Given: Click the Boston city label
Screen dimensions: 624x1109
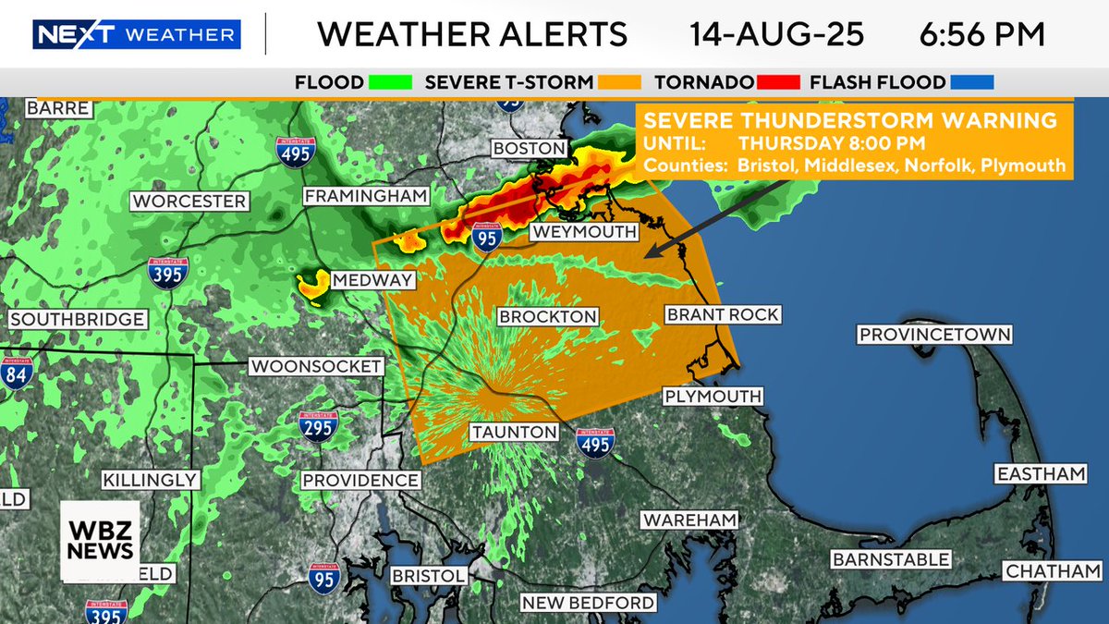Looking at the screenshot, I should (x=529, y=148).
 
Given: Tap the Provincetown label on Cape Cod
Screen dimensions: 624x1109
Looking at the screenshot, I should (x=934, y=335).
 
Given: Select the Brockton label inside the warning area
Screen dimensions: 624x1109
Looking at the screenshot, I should (x=547, y=317).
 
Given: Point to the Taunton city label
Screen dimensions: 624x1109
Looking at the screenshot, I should (x=514, y=432).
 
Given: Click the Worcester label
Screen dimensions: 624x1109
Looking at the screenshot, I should (x=189, y=201).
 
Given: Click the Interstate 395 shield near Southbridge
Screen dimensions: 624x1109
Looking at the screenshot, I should (x=168, y=273).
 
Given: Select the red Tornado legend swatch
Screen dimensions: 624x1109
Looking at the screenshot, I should (x=778, y=83).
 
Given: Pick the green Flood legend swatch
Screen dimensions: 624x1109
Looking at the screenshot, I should (x=389, y=83).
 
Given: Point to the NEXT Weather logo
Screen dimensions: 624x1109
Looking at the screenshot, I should (x=137, y=35).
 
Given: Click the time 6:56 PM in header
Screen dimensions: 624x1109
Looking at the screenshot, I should (x=981, y=35).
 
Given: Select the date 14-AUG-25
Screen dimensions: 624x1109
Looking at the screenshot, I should (x=776, y=35).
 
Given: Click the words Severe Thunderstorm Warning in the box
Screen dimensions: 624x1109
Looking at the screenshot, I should (x=850, y=120).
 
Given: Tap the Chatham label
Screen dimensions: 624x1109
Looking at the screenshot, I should (x=1053, y=572).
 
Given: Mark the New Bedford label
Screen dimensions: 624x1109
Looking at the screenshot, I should (x=588, y=604).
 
